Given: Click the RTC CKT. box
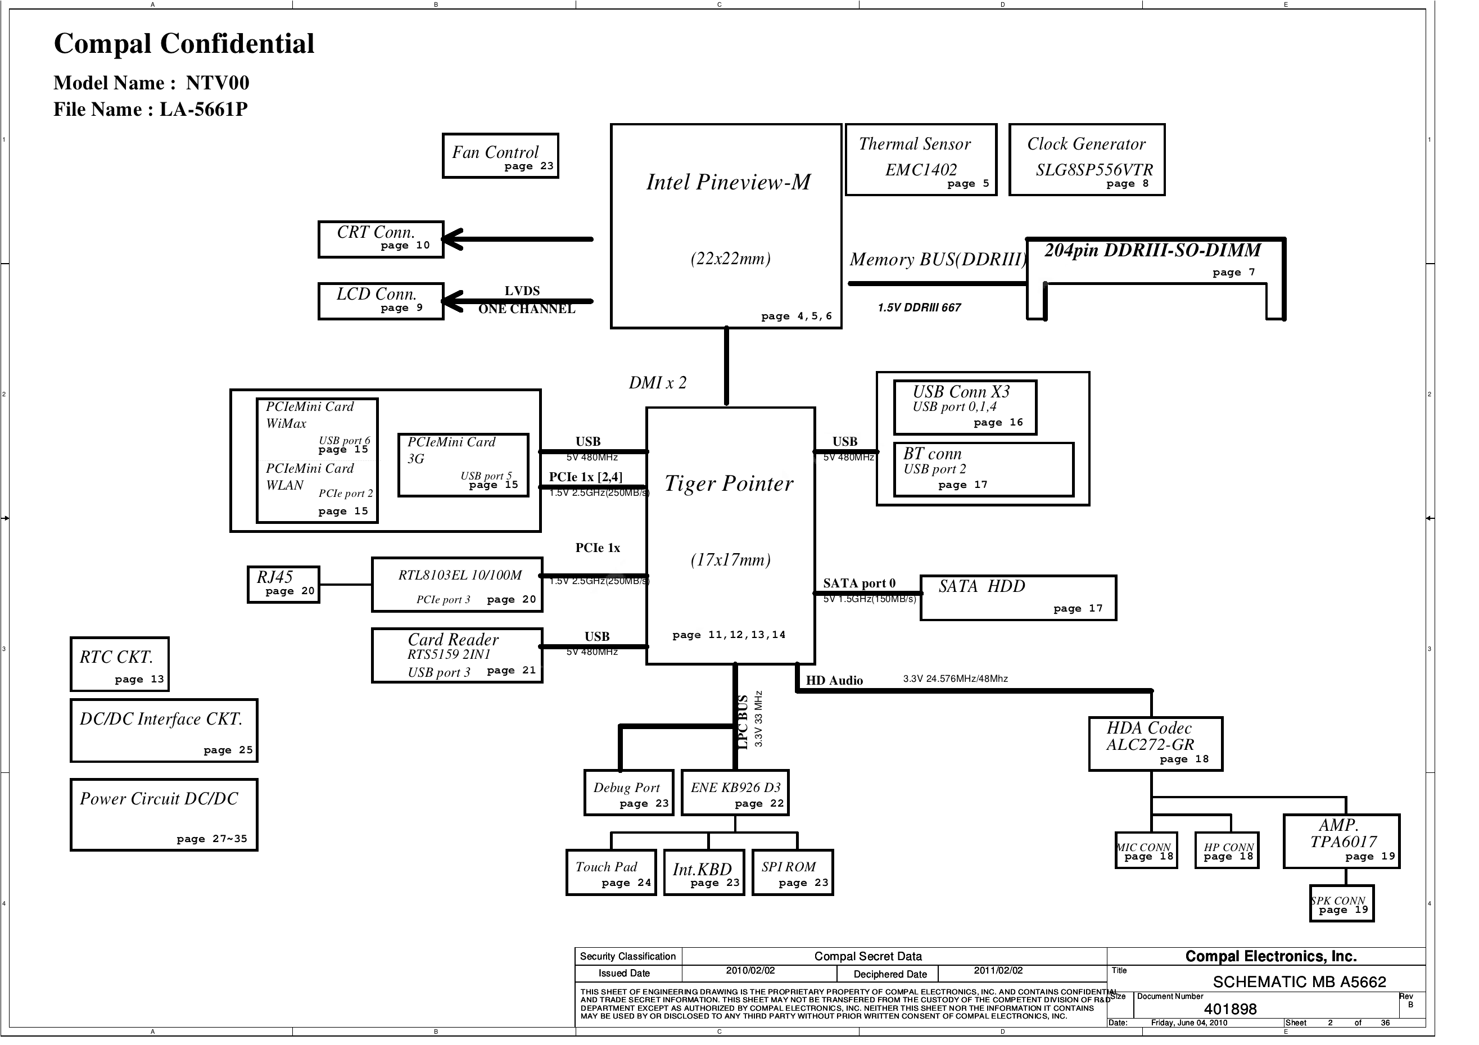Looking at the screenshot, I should (120, 664).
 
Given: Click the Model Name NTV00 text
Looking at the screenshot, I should (151, 83).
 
